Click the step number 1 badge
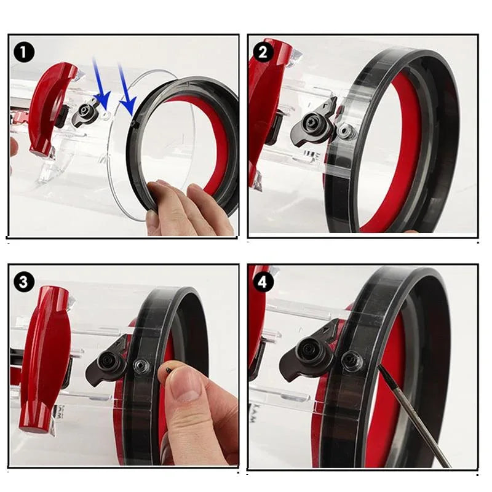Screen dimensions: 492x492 [23, 52]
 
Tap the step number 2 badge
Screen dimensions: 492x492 [263, 52]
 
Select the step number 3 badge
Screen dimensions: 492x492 [23, 282]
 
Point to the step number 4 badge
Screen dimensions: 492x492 [263, 282]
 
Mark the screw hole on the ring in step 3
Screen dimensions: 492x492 [141, 367]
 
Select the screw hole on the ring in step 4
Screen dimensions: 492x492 [352, 360]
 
